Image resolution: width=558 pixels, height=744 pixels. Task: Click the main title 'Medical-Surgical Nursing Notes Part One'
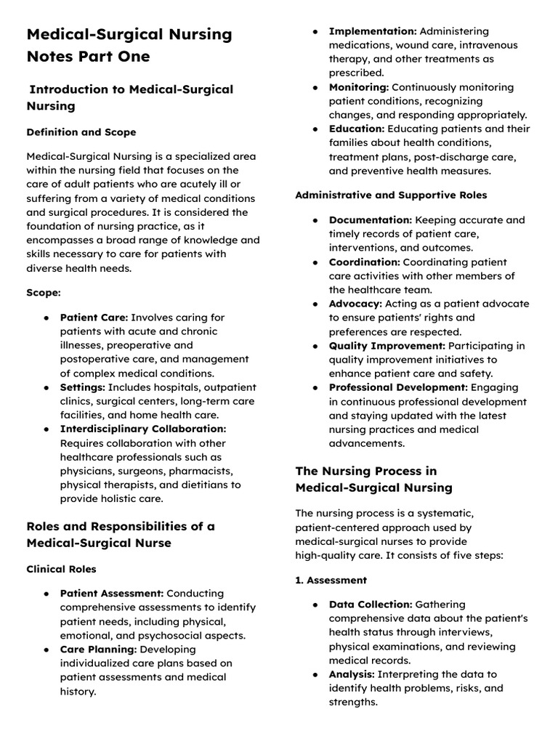(129, 45)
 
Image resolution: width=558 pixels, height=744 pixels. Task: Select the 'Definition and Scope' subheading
(81, 132)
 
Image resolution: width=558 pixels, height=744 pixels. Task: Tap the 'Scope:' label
(43, 293)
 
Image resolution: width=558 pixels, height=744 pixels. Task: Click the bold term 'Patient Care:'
(94, 318)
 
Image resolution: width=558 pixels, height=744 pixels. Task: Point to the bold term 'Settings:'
(83, 387)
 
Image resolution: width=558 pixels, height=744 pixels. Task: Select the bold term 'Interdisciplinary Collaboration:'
(143, 429)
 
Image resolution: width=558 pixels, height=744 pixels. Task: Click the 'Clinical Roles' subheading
(61, 569)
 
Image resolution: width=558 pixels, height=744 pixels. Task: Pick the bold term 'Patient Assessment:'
(112, 594)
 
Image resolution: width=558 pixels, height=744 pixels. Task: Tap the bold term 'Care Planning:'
(98, 650)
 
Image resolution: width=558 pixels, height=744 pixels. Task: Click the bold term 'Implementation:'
(373, 31)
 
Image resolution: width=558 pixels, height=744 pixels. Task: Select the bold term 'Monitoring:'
(359, 87)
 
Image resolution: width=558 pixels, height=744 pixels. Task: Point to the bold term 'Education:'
(357, 129)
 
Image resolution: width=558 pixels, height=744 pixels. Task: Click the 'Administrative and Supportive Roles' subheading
(391, 195)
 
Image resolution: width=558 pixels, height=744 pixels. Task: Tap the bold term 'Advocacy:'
(355, 304)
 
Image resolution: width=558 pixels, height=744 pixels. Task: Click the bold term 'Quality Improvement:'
(387, 346)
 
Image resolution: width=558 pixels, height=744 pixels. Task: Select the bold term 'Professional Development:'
(398, 388)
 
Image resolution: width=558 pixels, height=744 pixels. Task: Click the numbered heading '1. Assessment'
(331, 581)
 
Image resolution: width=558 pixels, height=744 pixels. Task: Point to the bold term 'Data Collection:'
(371, 604)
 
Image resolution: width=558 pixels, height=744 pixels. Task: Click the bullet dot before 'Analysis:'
(315, 675)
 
